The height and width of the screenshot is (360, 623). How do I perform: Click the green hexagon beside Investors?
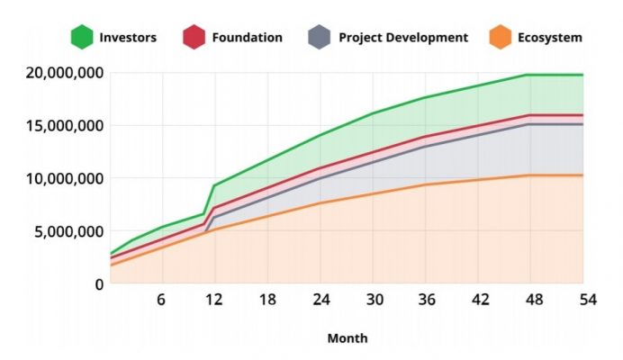coord(83,37)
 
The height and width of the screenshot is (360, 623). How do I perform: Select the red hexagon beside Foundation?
coord(194,37)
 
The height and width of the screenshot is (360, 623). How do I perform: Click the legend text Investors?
coord(129,38)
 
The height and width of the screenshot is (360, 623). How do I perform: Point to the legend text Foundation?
coord(247,38)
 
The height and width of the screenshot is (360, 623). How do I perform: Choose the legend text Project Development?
coord(403,38)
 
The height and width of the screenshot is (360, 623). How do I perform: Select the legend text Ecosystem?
coord(550,38)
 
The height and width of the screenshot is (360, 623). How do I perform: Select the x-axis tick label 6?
coord(162,300)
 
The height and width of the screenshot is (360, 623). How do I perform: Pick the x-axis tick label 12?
coord(214,300)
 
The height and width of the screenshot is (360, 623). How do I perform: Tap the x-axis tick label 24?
coord(320,300)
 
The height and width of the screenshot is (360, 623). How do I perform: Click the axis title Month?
coord(347,338)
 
